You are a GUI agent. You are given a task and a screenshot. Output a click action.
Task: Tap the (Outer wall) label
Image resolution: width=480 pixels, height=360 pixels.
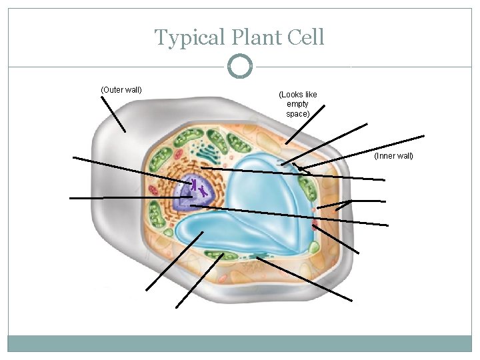(121, 89)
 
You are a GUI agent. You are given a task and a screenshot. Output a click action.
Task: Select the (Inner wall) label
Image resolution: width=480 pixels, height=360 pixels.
(393, 156)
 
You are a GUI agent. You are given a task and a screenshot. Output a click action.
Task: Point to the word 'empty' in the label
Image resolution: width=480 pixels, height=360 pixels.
(297, 104)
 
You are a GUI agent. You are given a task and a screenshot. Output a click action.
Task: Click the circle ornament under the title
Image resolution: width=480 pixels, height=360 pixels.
(240, 67)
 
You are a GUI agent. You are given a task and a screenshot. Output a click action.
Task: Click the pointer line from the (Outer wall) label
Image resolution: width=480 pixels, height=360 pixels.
(113, 114)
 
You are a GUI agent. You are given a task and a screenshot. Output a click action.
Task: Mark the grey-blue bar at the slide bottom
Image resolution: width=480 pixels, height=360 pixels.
(240, 343)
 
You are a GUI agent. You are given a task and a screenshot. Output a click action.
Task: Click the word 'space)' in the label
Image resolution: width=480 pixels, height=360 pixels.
(298, 114)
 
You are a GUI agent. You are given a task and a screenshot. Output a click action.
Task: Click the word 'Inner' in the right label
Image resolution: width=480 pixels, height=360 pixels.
(387, 156)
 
